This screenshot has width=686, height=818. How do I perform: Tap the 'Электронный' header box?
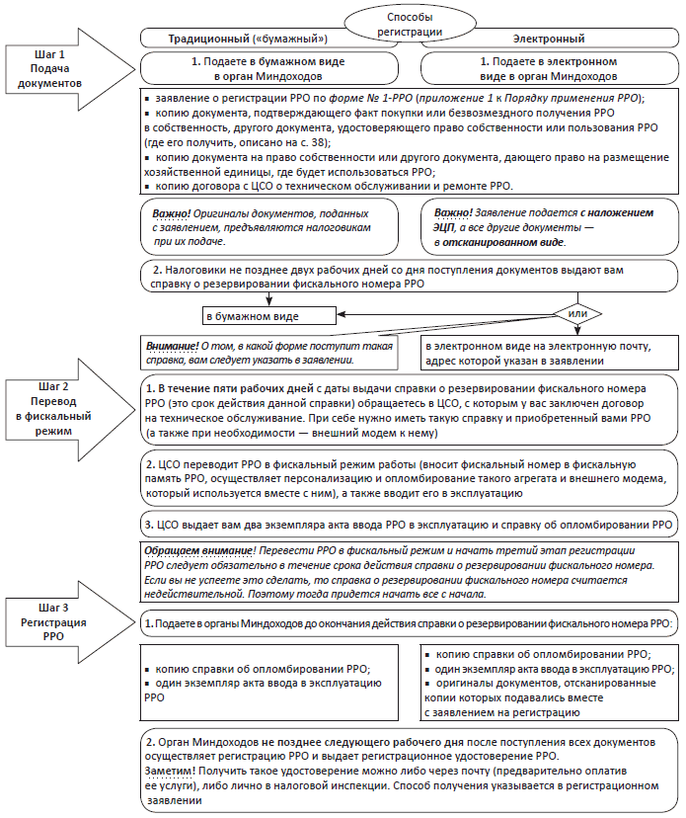(547, 40)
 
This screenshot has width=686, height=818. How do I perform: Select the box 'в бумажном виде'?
(252, 316)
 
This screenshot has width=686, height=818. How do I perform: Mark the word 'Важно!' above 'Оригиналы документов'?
(172, 213)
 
